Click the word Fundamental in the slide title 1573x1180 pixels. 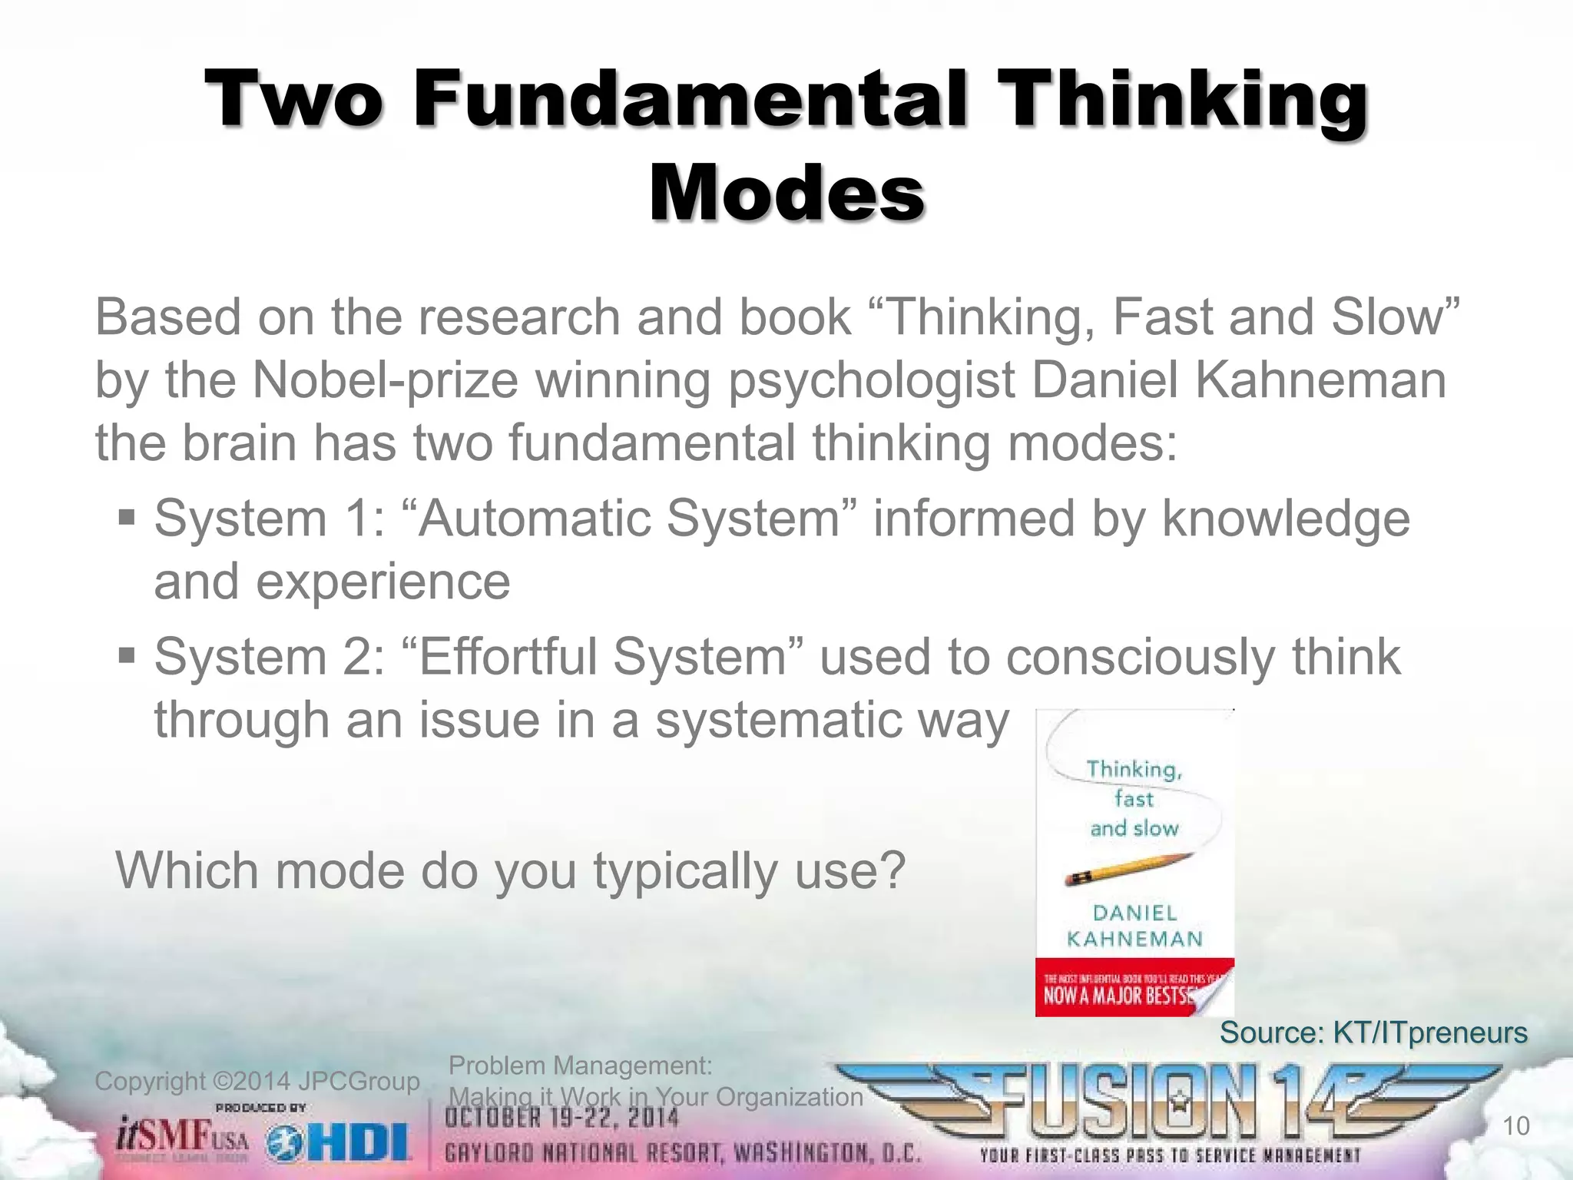pos(690,100)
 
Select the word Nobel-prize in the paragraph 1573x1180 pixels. pos(385,380)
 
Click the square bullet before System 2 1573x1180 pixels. pos(127,655)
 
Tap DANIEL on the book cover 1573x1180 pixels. pos(1134,913)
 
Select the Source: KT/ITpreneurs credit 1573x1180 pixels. pos(1373,1032)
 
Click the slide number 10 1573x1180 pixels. pos(1515,1126)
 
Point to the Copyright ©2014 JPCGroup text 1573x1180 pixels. pos(257,1081)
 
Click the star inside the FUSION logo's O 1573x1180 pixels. pos(1177,1105)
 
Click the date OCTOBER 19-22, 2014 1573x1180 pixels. pos(561,1119)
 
